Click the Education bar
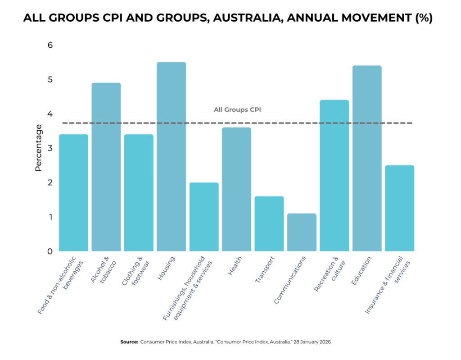(x=367, y=158)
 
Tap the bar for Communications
(x=302, y=232)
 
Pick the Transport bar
(x=269, y=223)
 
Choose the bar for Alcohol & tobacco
(x=106, y=167)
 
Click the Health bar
(x=236, y=189)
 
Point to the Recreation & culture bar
(x=334, y=175)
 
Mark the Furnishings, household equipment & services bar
(x=204, y=217)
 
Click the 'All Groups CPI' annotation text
(x=237, y=109)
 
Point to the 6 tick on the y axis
(x=50, y=45)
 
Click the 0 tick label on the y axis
(x=50, y=251)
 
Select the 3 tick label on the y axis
(x=50, y=148)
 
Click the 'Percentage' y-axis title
(x=38, y=148)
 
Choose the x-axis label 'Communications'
(x=291, y=279)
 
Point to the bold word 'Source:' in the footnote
(x=129, y=342)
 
